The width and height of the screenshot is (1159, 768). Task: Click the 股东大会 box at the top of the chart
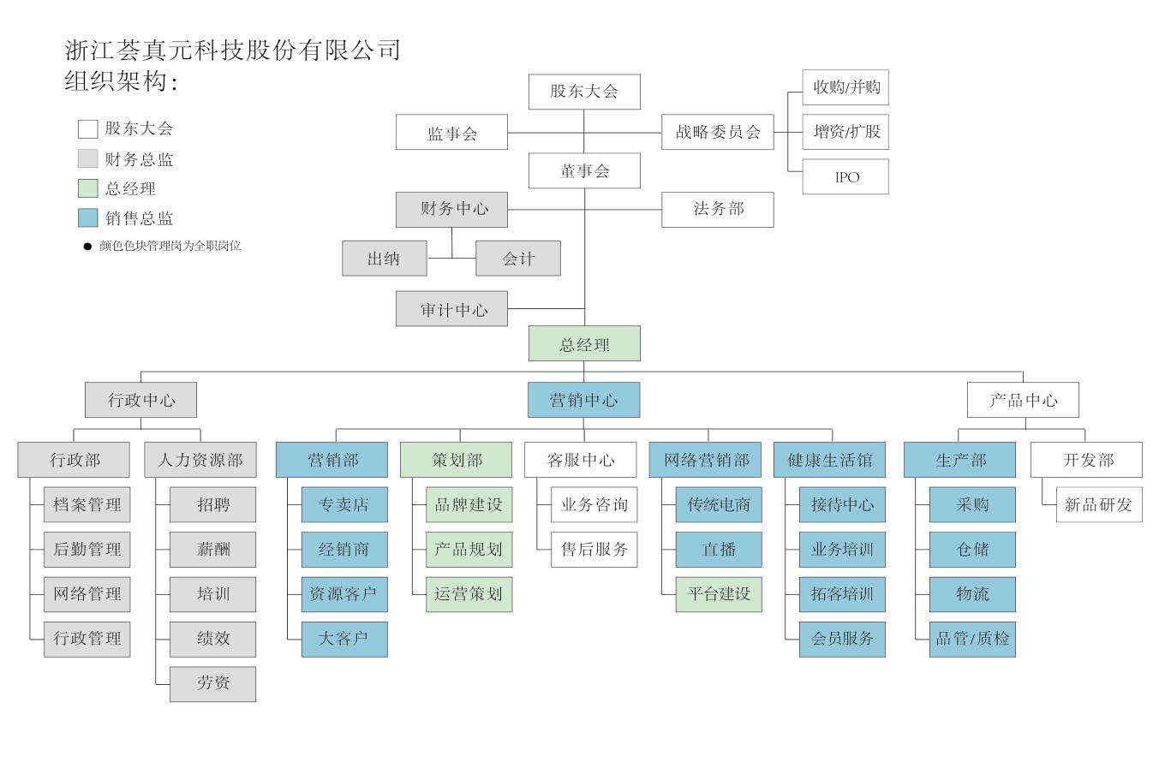[584, 92]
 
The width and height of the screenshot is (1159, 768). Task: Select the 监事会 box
[451, 133]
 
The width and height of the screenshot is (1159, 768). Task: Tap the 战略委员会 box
[717, 132]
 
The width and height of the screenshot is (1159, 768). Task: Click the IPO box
[845, 176]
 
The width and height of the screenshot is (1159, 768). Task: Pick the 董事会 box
[584, 170]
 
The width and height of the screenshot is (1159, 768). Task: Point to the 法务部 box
[717, 209]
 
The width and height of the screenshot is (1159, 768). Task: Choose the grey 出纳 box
[384, 258]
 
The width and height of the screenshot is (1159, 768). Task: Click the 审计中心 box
[451, 309]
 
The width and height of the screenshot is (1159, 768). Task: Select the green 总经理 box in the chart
[584, 344]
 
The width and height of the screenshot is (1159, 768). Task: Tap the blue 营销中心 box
[583, 400]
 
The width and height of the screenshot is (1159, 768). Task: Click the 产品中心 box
[1023, 400]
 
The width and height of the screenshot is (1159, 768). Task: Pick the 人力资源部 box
[200, 460]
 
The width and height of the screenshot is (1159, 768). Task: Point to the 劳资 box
[212, 683]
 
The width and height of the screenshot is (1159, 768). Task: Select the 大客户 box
[344, 639]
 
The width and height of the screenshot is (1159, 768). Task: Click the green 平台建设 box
[718, 594]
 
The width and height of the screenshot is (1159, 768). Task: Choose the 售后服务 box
[594, 549]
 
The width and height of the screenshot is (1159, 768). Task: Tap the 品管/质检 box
[972, 639]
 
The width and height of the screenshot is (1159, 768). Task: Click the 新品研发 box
[1098, 504]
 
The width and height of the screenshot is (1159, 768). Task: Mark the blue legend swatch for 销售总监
[87, 217]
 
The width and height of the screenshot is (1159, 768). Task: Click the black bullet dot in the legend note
[87, 247]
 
